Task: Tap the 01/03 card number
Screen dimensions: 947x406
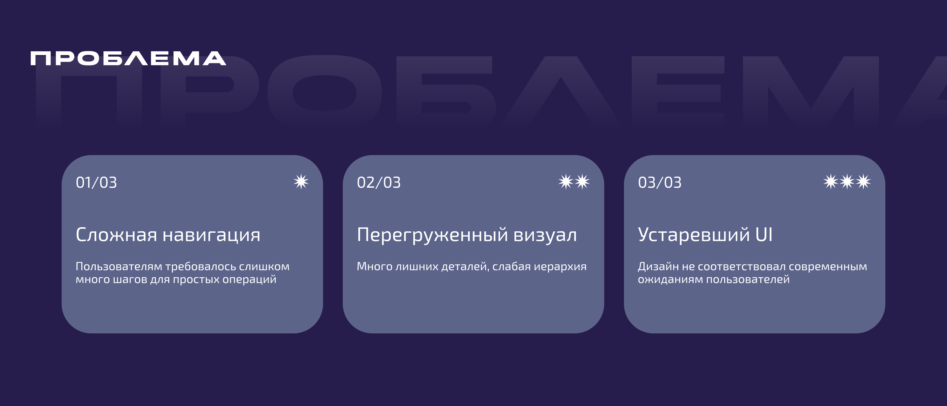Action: tap(96, 183)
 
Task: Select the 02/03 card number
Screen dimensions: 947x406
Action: tap(379, 183)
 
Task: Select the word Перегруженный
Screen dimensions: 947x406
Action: tap(432, 235)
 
